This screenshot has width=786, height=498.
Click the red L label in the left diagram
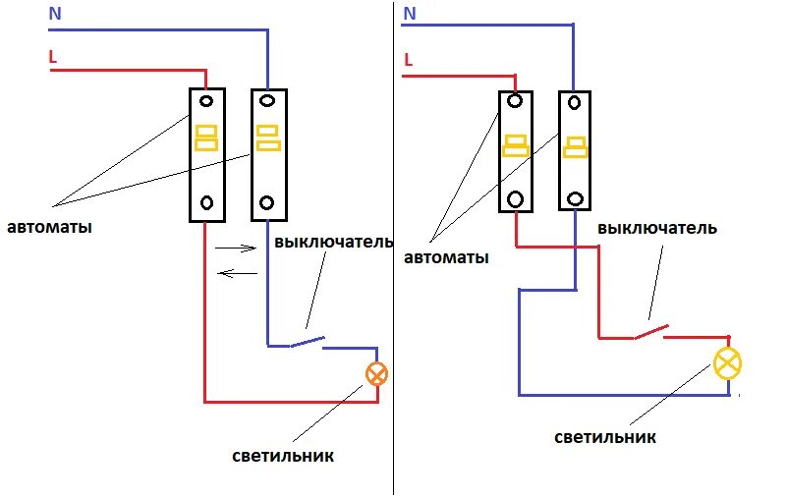click(x=53, y=58)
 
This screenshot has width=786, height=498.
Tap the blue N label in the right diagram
click(x=410, y=14)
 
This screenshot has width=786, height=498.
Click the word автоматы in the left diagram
click(x=50, y=227)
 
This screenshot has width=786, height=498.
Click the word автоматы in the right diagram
click(x=446, y=258)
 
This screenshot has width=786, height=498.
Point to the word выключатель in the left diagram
click(x=334, y=242)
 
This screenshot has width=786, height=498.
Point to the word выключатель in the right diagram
click(x=657, y=228)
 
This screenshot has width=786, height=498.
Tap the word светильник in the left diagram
click(x=283, y=456)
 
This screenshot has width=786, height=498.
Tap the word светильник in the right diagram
click(x=604, y=437)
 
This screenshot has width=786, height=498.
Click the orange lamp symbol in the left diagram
click(x=376, y=373)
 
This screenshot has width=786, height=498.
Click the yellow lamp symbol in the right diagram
click(x=728, y=362)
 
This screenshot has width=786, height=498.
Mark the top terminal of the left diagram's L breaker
click(x=207, y=100)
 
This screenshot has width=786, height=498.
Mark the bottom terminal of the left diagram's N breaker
click(x=268, y=203)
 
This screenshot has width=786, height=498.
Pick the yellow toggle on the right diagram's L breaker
click(x=515, y=145)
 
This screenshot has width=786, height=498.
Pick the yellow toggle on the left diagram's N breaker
click(x=267, y=138)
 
